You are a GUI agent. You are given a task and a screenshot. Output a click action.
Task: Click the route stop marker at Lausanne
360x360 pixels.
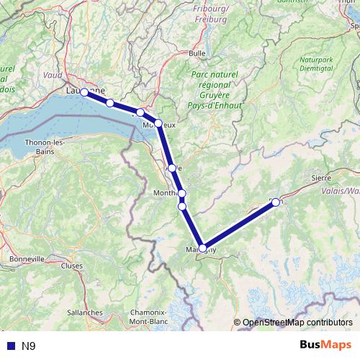(84, 92)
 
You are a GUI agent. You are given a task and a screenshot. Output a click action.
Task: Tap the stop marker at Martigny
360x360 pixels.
(203, 248)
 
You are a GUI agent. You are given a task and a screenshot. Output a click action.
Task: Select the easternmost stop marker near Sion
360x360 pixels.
(276, 202)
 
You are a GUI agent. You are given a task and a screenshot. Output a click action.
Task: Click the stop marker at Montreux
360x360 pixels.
(158, 123)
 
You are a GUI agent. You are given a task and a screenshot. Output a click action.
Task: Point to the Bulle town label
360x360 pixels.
(197, 53)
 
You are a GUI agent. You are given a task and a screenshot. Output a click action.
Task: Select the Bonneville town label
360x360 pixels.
(26, 258)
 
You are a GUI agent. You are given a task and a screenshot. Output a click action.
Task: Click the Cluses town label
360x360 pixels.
(72, 265)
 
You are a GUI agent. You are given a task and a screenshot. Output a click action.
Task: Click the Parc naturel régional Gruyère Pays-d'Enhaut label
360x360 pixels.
(217, 89)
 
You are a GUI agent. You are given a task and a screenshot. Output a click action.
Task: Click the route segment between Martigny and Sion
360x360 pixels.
(239, 225)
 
